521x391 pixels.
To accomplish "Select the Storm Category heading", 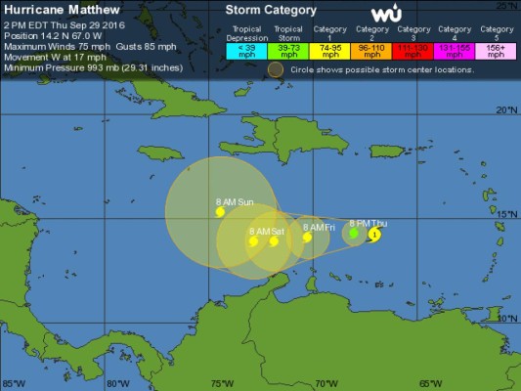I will pyautogui.click(x=272, y=10).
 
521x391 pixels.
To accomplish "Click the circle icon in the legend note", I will pyautogui.click(x=276, y=69).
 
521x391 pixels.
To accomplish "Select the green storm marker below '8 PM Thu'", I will pyautogui.click(x=354, y=234).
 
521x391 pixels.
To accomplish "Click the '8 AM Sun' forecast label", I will pyautogui.click(x=235, y=201).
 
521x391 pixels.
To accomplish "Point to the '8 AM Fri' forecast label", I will pyautogui.click(x=319, y=227).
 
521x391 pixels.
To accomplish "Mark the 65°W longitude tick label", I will pyautogui.click(x=430, y=383).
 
